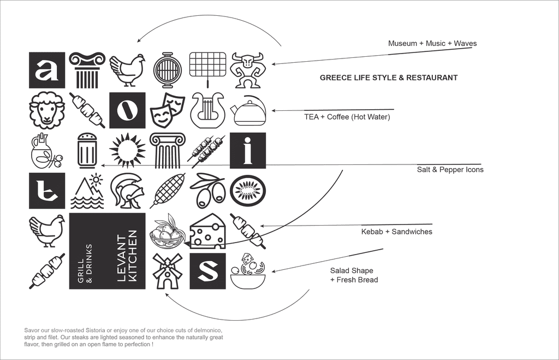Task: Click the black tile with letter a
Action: pyautogui.click(x=47, y=70)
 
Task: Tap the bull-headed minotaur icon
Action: pyautogui.click(x=247, y=70)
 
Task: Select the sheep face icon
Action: pyautogui.click(x=47, y=110)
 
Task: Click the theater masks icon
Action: pyautogui.click(x=167, y=110)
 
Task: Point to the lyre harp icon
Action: pyautogui.click(x=207, y=110)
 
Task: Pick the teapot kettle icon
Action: pyautogui.click(x=248, y=111)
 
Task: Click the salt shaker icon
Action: pyautogui.click(x=87, y=151)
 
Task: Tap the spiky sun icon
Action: pyautogui.click(x=127, y=151)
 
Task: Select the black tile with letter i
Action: pyautogui.click(x=247, y=151)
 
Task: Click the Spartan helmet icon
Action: pyautogui.click(x=127, y=191)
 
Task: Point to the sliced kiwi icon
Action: pyautogui.click(x=247, y=191)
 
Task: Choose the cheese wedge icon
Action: pyautogui.click(x=207, y=231)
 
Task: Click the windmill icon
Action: pyautogui.click(x=167, y=271)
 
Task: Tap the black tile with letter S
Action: pyautogui.click(x=207, y=271)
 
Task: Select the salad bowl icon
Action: pyautogui.click(x=247, y=271)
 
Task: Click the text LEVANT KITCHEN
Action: pyautogui.click(x=127, y=256)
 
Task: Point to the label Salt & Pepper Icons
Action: pyautogui.click(x=450, y=169)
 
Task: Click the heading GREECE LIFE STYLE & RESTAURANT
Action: pyautogui.click(x=389, y=78)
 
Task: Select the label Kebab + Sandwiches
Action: pyautogui.click(x=397, y=232)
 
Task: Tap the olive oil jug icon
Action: pyautogui.click(x=46, y=151)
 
